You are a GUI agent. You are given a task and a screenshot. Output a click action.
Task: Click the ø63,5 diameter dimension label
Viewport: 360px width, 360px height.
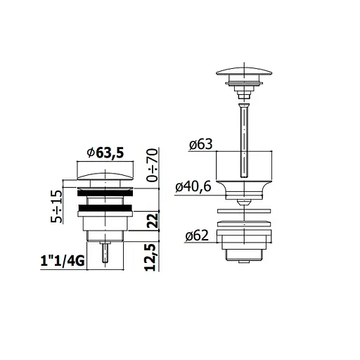pyautogui.click(x=105, y=153)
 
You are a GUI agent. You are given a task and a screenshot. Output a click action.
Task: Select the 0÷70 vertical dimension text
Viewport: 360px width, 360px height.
pyautogui.click(x=152, y=165)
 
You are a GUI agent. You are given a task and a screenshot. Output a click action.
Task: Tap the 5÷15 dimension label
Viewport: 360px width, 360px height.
pyautogui.click(x=57, y=206)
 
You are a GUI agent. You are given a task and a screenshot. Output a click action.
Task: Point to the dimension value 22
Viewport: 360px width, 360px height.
pyautogui.click(x=153, y=220)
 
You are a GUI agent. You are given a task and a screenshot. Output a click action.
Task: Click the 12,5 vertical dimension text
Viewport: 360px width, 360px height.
pyautogui.click(x=150, y=257)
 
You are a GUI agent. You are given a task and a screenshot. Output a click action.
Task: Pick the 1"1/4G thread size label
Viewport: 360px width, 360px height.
pyautogui.click(x=63, y=261)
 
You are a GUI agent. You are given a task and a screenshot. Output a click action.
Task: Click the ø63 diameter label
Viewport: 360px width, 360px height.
pyautogui.click(x=201, y=144)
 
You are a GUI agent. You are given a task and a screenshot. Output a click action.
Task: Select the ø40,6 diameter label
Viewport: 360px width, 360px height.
pyautogui.click(x=193, y=187)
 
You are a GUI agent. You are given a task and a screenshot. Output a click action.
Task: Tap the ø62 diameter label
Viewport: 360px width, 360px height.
pyautogui.click(x=197, y=236)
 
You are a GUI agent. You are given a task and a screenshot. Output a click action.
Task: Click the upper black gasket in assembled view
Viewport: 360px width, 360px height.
pyautogui.click(x=105, y=193)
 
